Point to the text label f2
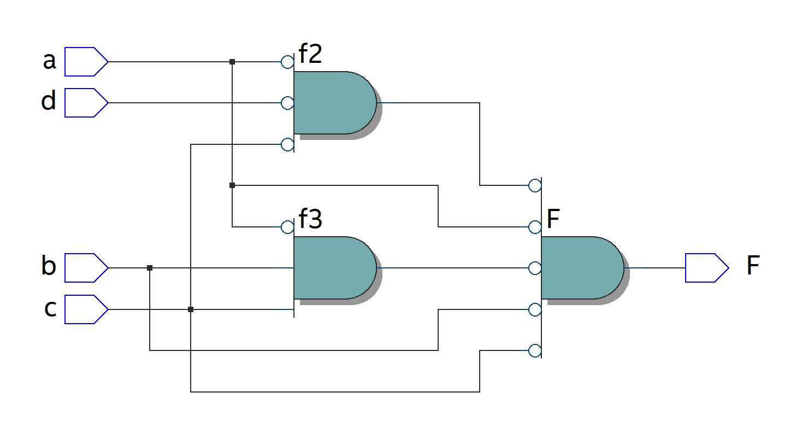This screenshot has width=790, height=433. coord(310,55)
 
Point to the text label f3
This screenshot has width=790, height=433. coord(310,219)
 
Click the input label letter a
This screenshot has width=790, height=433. coord(49,61)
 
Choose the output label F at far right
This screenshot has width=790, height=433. coord(753,266)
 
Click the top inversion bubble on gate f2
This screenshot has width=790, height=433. coord(287,62)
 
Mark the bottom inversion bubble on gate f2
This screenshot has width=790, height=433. coord(287,144)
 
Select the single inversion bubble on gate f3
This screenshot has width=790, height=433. coord(287,227)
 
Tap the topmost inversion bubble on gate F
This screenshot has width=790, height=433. coord(535,185)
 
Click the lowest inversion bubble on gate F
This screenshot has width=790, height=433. coord(535,350)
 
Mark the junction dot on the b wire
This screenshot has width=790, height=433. coord(150,268)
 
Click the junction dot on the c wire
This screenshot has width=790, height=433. coord(191,309)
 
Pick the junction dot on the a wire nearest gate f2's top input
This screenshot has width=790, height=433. coord(232,62)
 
